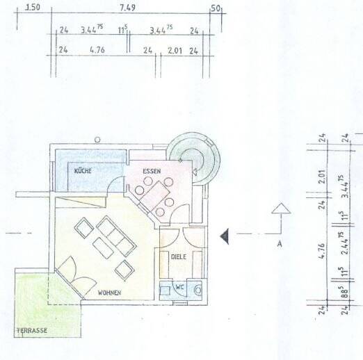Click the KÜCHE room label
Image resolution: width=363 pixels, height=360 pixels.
click(85, 170)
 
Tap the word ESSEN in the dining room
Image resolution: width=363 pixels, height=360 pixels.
click(152, 170)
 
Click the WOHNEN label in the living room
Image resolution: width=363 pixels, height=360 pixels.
click(110, 293)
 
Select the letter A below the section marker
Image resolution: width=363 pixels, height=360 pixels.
click(279, 244)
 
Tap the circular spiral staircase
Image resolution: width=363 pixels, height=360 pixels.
click(193, 156)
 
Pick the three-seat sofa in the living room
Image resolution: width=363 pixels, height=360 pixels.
click(115, 235)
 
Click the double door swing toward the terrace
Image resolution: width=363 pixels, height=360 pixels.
click(72, 275)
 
